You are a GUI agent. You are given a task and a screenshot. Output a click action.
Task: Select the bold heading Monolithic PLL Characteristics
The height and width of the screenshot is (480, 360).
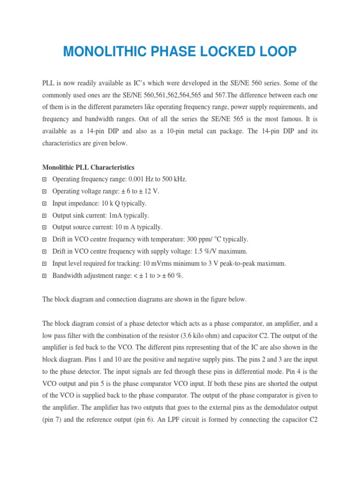pos(88,167)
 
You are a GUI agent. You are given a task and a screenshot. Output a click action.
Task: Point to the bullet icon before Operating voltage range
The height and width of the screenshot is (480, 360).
pos(45,191)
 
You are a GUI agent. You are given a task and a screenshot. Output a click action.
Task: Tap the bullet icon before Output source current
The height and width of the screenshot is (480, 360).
pos(45,227)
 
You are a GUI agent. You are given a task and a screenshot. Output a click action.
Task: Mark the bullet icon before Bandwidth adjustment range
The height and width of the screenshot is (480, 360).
pos(45,276)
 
